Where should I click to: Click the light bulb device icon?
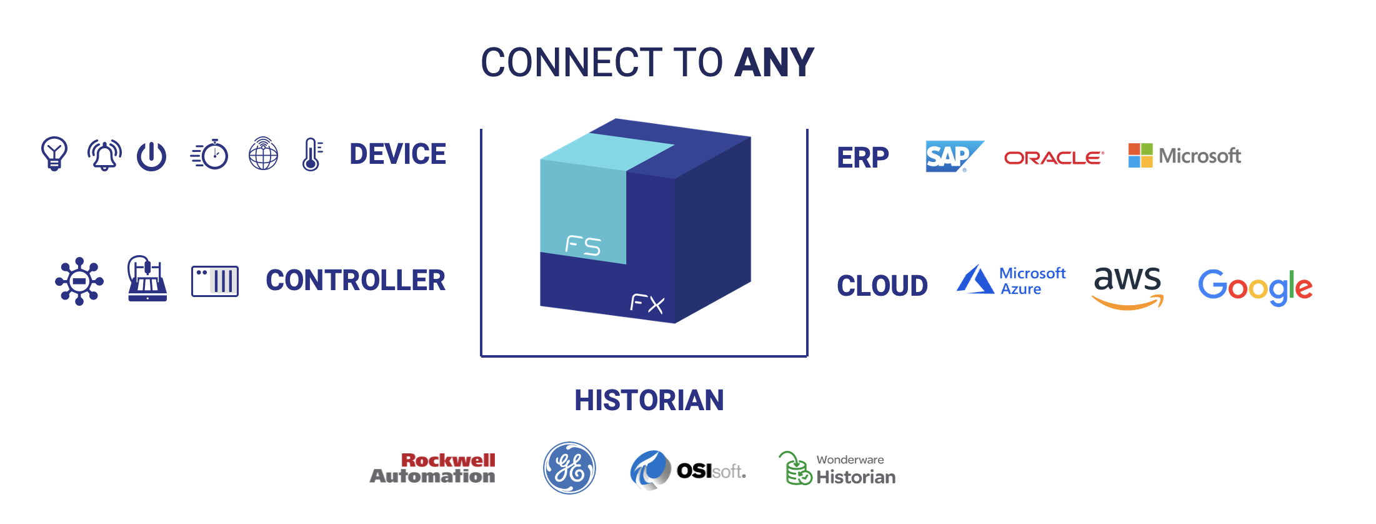[54, 154]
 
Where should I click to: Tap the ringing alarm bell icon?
[104, 154]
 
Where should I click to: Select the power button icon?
[152, 156]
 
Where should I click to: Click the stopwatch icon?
[210, 154]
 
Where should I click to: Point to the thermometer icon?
[312, 154]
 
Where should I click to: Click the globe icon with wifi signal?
[263, 154]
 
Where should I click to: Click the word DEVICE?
[398, 154]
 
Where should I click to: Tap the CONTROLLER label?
[356, 280]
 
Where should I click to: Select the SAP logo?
[954, 156]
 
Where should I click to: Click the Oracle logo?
[1054, 158]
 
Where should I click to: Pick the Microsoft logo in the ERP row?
[1184, 156]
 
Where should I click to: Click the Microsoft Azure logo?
[1011, 280]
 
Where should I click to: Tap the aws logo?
[1127, 286]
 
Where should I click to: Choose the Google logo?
[1255, 287]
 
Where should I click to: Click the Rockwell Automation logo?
[433, 468]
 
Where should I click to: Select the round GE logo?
[569, 468]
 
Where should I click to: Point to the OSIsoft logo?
[688, 470]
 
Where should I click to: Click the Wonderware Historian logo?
[837, 469]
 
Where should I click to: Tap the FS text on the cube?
[583, 246]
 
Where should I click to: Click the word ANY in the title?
[774, 63]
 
